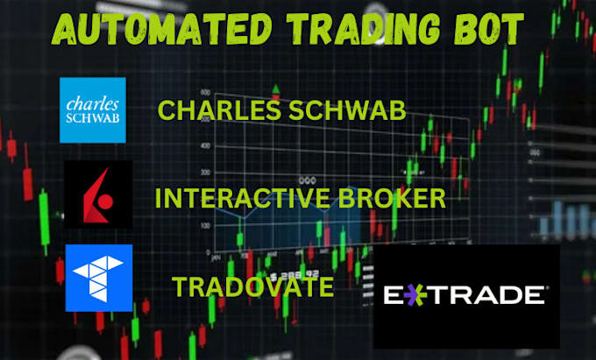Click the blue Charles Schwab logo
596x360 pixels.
coord(92,109)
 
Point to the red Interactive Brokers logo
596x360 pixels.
coord(99,194)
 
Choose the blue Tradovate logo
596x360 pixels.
coord(99,278)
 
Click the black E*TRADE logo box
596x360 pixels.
coord(465,296)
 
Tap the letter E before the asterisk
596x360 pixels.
coord(396,295)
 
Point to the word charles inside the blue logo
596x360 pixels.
coord(92,100)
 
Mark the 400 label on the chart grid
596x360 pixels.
coord(205,145)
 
